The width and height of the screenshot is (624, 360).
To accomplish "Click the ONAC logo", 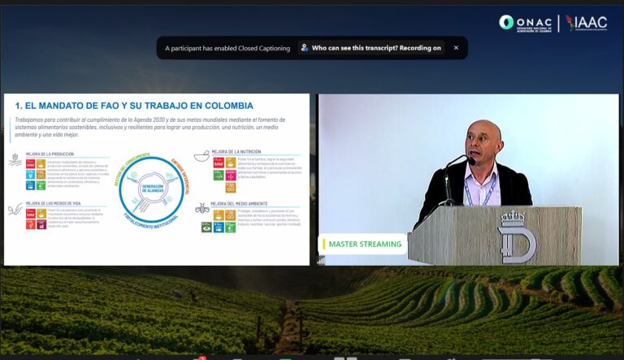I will tap(526, 23).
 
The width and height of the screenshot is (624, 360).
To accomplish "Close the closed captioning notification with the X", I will tap(456, 48).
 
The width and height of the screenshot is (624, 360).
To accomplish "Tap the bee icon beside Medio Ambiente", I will tap(201, 208).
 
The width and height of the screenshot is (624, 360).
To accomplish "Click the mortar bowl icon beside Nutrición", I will tap(201, 157).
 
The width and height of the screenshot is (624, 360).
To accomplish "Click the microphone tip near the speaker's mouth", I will tap(470, 160).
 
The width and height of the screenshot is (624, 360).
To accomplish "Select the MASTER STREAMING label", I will tap(365, 244).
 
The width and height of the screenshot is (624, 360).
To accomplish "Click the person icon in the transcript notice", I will tap(305, 48).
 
